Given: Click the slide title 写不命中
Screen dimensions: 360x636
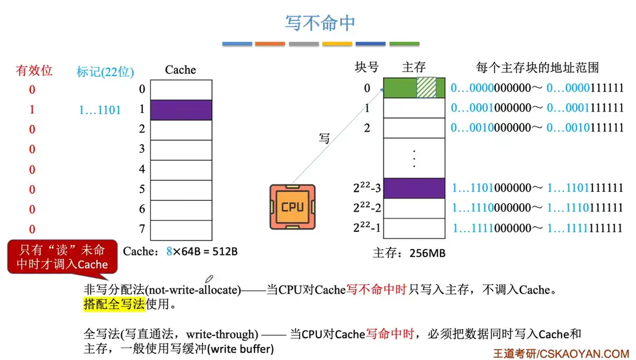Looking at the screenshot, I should click(320, 22).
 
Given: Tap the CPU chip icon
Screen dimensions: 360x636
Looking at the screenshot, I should click(292, 207).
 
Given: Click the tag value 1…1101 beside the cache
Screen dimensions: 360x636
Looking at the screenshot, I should click(100, 110).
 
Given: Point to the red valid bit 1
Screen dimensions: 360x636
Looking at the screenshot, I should click(32, 109).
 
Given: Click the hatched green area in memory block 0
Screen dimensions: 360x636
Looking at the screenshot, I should click(426, 88).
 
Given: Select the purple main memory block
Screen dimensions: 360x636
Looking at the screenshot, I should click(414, 188).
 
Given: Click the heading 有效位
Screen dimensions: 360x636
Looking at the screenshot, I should click(34, 70).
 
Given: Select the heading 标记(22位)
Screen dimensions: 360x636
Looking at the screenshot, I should click(105, 72).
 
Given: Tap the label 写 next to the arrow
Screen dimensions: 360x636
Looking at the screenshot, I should click(324, 138).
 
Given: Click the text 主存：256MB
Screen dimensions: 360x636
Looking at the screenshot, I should click(409, 252).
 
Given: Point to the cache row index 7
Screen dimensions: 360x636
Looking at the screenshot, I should click(142, 229).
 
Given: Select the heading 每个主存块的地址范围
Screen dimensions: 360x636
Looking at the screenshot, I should click(537, 67).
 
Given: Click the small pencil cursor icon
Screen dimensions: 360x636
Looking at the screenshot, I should click(209, 279).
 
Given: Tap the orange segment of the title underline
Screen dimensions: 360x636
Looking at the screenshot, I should click(270, 43).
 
